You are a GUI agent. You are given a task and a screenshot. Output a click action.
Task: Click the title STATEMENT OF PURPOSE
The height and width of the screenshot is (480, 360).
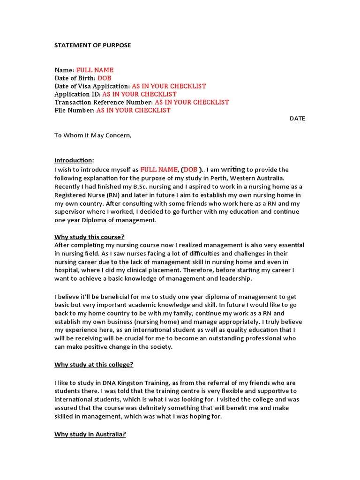93,45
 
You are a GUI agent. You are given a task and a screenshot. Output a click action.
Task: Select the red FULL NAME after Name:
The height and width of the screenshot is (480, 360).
95,70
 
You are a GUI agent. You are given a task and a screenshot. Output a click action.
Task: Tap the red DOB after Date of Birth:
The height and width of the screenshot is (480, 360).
105,78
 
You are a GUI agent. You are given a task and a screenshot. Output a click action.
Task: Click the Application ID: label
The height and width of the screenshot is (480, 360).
77,94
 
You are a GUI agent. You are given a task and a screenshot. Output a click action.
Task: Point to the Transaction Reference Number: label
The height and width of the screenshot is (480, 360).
104,102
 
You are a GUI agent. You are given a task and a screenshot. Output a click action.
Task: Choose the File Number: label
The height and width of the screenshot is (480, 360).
75,110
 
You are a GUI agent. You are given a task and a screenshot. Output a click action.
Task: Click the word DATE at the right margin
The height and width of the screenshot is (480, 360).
297,119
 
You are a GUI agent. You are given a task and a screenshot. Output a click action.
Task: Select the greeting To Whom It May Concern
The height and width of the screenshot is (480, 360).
93,135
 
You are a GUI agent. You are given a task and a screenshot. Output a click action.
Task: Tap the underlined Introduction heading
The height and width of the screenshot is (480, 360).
73,160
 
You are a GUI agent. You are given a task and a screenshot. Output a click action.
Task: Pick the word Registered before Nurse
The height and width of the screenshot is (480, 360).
70,195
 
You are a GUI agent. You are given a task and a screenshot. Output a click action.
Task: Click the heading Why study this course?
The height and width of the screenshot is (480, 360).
89,237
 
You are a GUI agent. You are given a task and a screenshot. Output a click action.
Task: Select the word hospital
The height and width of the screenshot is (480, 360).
67,270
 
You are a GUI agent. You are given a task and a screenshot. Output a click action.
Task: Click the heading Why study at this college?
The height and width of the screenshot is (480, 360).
94,365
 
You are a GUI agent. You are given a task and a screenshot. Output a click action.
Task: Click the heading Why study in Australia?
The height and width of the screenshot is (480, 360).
90,434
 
